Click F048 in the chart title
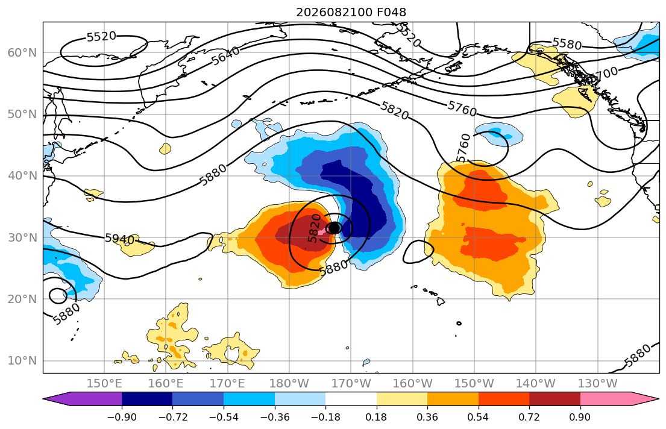(391, 12)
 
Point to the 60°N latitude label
(22, 52)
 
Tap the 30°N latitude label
(22, 237)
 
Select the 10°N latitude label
(22, 361)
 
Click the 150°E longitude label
(104, 384)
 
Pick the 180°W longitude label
(289, 384)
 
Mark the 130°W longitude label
(598, 384)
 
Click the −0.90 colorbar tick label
(122, 417)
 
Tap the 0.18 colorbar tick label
(376, 417)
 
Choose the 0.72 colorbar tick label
(529, 417)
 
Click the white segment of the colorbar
(351, 399)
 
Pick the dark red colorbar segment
(554, 399)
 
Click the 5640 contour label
(225, 55)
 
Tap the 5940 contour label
(120, 239)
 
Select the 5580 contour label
(567, 43)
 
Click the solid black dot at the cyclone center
(335, 228)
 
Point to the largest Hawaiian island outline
(441, 301)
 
